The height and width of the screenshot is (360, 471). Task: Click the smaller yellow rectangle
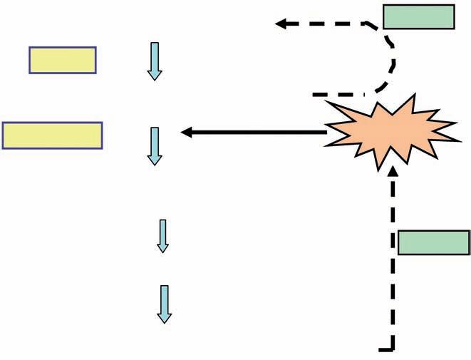[x=63, y=60]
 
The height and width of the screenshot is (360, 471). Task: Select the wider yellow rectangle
[x=52, y=135]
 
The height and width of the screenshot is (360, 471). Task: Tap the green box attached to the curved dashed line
[x=419, y=16]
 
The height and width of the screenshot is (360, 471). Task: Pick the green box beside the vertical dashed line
[x=433, y=242]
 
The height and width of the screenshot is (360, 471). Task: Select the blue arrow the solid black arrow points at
[x=154, y=145]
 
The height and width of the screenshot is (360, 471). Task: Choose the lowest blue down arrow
[x=165, y=304]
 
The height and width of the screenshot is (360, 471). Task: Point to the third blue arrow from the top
[x=162, y=235]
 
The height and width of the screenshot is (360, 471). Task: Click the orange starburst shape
[x=389, y=133]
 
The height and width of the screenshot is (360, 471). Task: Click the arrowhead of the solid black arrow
[x=187, y=132]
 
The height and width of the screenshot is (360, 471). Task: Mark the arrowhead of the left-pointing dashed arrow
[x=281, y=24]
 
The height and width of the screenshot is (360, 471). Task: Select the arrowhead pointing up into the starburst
[x=393, y=172]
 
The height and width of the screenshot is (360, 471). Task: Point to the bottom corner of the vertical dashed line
[x=392, y=349]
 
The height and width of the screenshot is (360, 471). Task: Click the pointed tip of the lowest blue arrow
[x=165, y=322]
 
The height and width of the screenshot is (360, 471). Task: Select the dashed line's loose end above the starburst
[x=316, y=94]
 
